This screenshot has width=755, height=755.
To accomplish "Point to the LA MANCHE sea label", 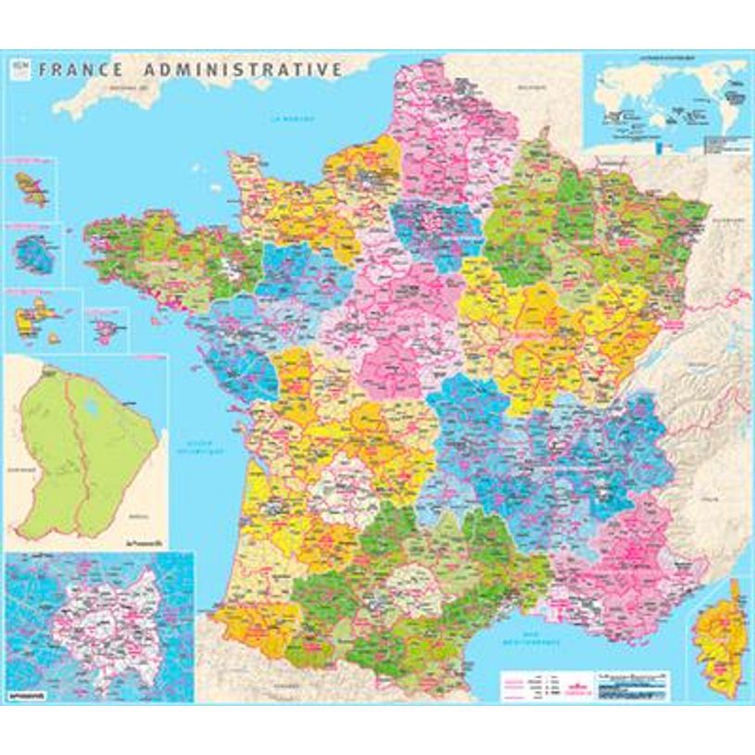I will click(x=287, y=119).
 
